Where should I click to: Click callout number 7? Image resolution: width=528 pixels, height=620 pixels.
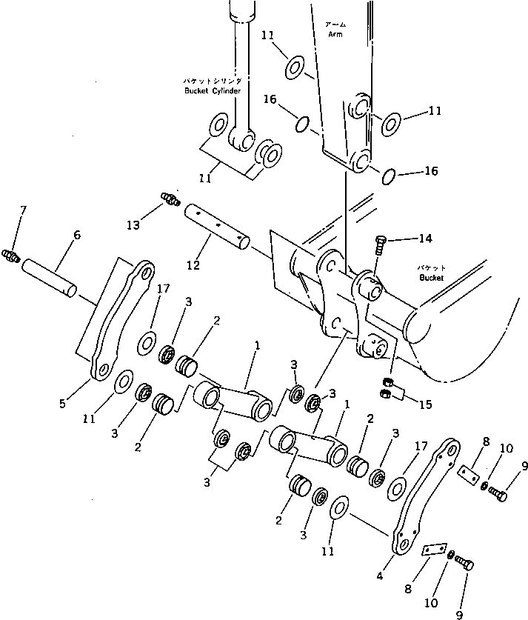coord(22,213)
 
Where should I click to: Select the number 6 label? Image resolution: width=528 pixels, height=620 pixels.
coord(77,236)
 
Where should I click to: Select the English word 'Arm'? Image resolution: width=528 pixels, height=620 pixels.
coord(335,33)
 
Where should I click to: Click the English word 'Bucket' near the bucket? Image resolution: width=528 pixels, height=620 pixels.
coord(430,278)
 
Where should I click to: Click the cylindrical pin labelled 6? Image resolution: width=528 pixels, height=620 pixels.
coord(49,276)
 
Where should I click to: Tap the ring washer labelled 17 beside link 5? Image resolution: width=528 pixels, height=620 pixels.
coord(147,341)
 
